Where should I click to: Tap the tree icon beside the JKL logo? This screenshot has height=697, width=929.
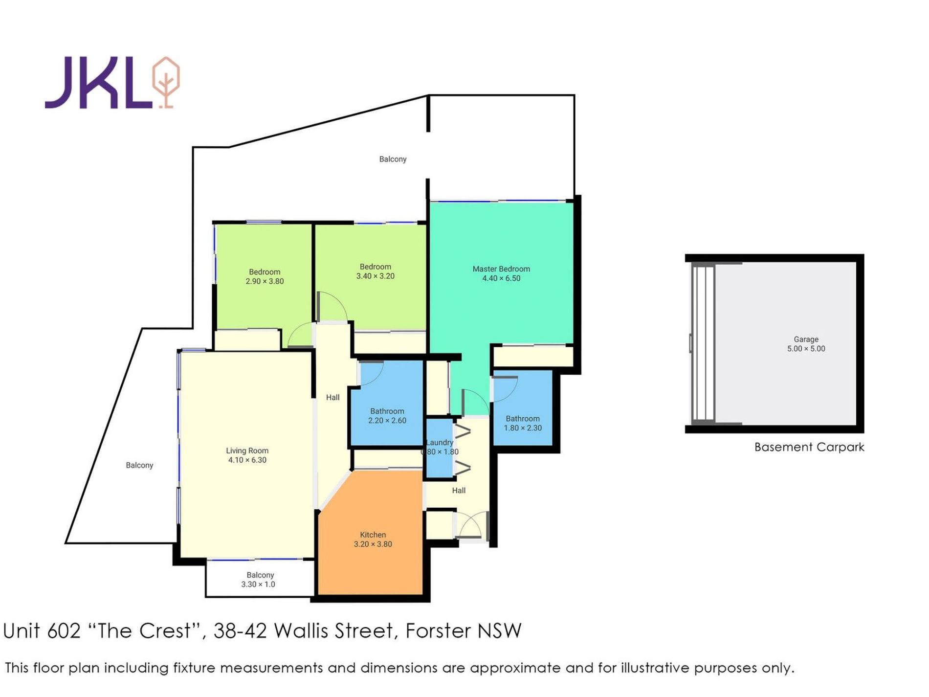[166, 82]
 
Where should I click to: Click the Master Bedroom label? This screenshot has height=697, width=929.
[501, 269]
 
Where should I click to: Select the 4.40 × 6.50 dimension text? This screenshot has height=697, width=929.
[501, 278]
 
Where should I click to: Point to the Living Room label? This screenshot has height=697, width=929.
[247, 450]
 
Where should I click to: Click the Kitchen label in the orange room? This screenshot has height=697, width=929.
[373, 535]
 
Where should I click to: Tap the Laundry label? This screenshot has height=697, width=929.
[440, 442]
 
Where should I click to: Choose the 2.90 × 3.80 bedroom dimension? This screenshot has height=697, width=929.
[265, 281]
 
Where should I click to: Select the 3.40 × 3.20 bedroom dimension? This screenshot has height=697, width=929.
[376, 276]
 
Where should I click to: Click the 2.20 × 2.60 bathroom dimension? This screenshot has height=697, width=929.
[387, 420]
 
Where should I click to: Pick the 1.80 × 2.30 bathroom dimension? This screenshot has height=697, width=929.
[523, 427]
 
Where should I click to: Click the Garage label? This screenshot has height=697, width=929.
[806, 339]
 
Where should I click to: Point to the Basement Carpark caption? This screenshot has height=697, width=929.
[809, 447]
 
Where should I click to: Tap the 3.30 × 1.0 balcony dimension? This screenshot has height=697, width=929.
[258, 584]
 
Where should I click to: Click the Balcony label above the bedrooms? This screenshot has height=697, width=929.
[393, 159]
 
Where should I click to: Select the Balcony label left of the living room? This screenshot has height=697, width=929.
[139, 465]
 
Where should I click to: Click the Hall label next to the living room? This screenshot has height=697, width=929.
[333, 397]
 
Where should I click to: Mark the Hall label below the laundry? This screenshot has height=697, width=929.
[459, 490]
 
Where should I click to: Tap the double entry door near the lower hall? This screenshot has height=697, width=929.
[472, 525]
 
